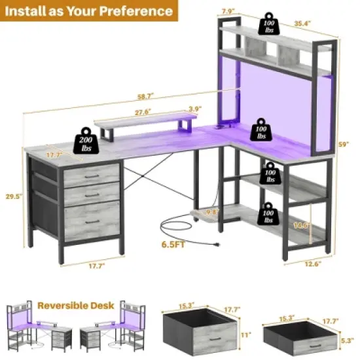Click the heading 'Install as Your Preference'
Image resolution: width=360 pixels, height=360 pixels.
point(92,11)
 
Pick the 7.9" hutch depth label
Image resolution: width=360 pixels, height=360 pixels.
point(228,11)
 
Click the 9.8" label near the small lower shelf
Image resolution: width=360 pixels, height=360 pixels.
point(211,213)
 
